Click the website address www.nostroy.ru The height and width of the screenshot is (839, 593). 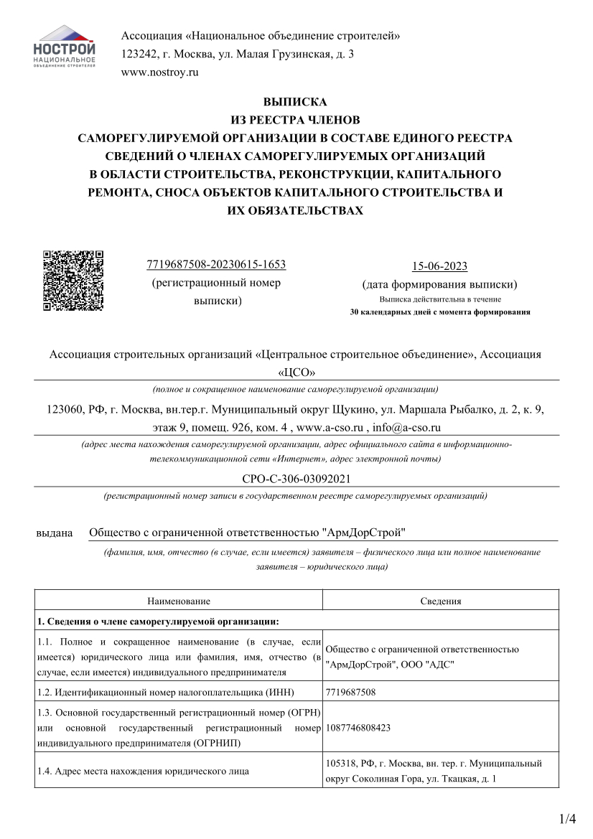coord(159,72)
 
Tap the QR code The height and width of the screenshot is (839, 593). coord(73,280)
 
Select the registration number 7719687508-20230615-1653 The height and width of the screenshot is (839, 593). coord(216,265)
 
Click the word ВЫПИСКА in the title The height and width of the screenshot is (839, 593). coord(296,102)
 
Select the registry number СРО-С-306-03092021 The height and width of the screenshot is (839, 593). coord(296,479)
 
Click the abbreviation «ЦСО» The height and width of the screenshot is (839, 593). coord(296,372)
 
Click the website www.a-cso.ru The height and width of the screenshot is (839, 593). coord(327,427)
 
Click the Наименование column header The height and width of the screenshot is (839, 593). coord(179,601)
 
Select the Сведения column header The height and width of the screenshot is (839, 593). coord(440,601)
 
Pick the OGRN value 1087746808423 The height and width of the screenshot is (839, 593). coord(358,727)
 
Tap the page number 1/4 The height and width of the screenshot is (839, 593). coord(567,819)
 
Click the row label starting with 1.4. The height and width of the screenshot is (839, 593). coord(144,772)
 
